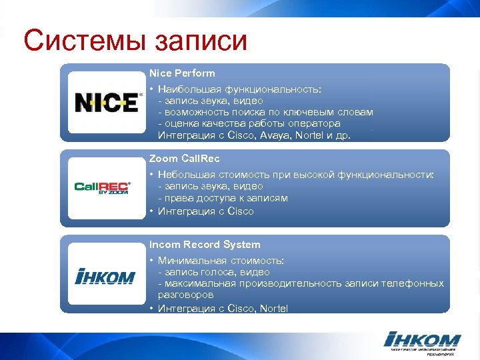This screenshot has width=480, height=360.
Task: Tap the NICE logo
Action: click(x=107, y=103)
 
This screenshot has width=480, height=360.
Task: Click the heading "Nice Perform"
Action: click(x=182, y=73)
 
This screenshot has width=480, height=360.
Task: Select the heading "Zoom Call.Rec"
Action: click(x=184, y=159)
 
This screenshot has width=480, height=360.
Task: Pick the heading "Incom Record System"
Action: click(x=205, y=245)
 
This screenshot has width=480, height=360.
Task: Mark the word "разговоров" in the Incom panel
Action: click(x=185, y=295)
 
